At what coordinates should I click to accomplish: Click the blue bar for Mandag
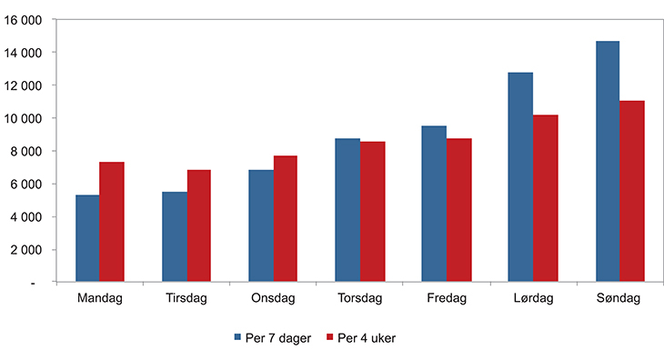point(87,238)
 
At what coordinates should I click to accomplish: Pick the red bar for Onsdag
point(286,218)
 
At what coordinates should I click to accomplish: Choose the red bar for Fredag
point(459,210)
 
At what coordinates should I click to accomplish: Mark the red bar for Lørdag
point(546,198)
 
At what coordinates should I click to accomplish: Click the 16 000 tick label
point(25,20)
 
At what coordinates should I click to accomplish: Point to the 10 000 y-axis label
point(25,118)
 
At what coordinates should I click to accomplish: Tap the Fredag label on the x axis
point(447,297)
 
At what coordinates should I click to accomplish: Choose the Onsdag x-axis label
point(273,297)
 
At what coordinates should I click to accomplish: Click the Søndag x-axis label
point(619,297)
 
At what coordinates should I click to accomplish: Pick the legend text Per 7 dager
point(277,338)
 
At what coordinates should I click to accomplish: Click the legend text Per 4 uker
point(366,338)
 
